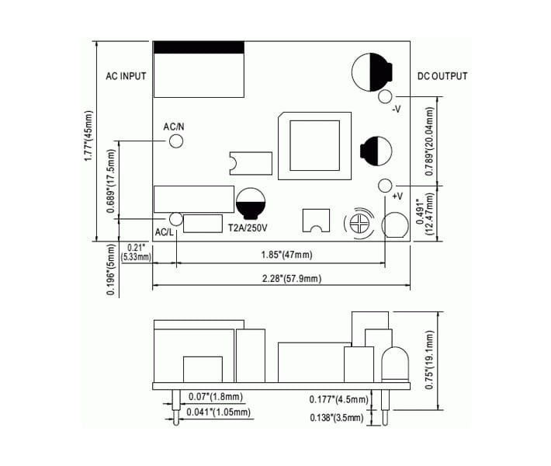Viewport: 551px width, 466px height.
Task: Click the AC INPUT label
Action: [126, 76]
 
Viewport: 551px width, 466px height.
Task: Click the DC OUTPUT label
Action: [442, 76]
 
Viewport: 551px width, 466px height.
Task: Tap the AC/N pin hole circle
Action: [176, 141]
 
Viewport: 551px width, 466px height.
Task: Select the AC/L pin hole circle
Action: [175, 219]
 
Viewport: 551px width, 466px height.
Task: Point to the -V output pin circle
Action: [385, 96]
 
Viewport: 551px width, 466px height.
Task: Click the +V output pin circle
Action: [385, 186]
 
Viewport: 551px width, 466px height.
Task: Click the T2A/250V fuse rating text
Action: [248, 228]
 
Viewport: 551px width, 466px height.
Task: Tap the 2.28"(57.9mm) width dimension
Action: [292, 279]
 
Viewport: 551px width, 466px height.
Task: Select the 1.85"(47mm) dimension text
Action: [286, 255]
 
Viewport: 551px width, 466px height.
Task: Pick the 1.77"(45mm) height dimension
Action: [88, 136]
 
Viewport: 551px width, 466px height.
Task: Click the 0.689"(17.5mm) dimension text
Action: [111, 181]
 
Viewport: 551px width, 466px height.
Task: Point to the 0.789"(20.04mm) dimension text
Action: [429, 141]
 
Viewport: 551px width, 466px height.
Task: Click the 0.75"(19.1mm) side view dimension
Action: [429, 360]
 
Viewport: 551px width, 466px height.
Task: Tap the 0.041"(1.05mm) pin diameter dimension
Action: [219, 412]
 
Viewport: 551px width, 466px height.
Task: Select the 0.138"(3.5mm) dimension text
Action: [337, 418]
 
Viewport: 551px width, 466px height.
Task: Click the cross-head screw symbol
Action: [359, 224]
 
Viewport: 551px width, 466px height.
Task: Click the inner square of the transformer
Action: [315, 145]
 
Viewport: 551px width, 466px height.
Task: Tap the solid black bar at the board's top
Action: [199, 47]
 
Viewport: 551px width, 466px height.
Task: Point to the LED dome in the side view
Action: [395, 364]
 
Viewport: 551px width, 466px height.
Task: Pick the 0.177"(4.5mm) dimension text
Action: [339, 399]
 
